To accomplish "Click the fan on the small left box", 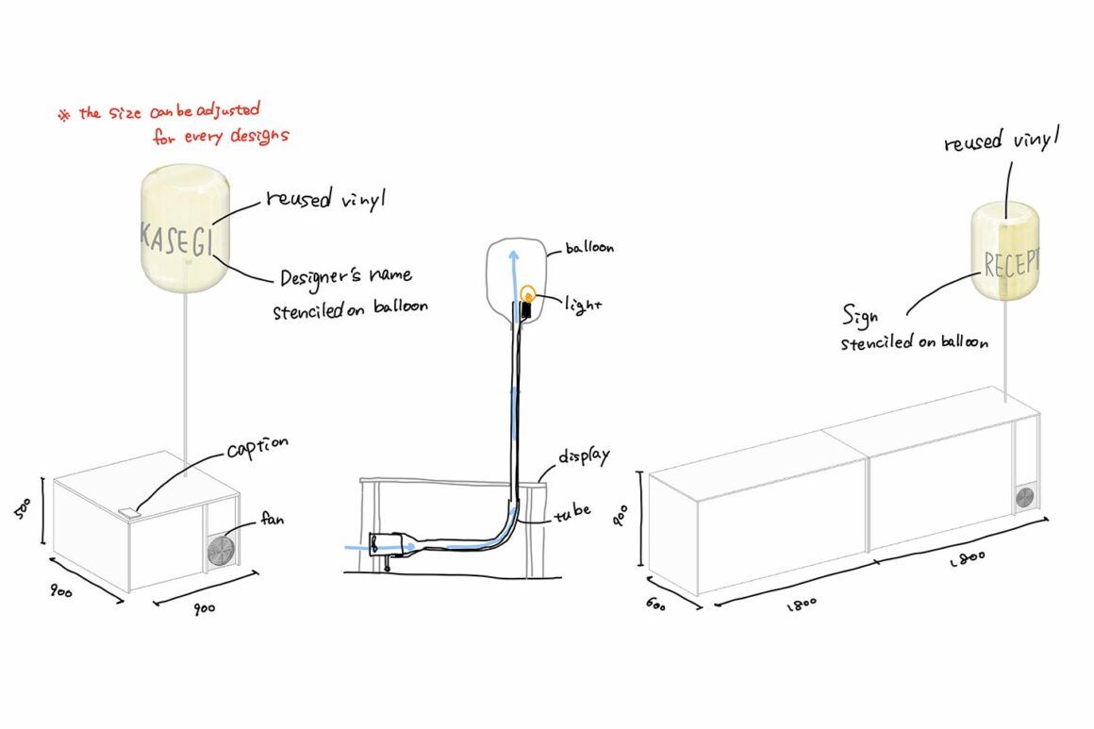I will (x=222, y=551).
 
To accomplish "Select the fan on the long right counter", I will (x=1026, y=499).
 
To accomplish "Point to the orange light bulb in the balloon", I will (x=528, y=296).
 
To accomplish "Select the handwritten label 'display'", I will (x=583, y=456).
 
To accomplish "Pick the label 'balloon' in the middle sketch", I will (x=589, y=248).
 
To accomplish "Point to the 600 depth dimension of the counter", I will (x=656, y=605).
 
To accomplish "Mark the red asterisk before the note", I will (x=64, y=116).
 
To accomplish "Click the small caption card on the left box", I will (x=129, y=512).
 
